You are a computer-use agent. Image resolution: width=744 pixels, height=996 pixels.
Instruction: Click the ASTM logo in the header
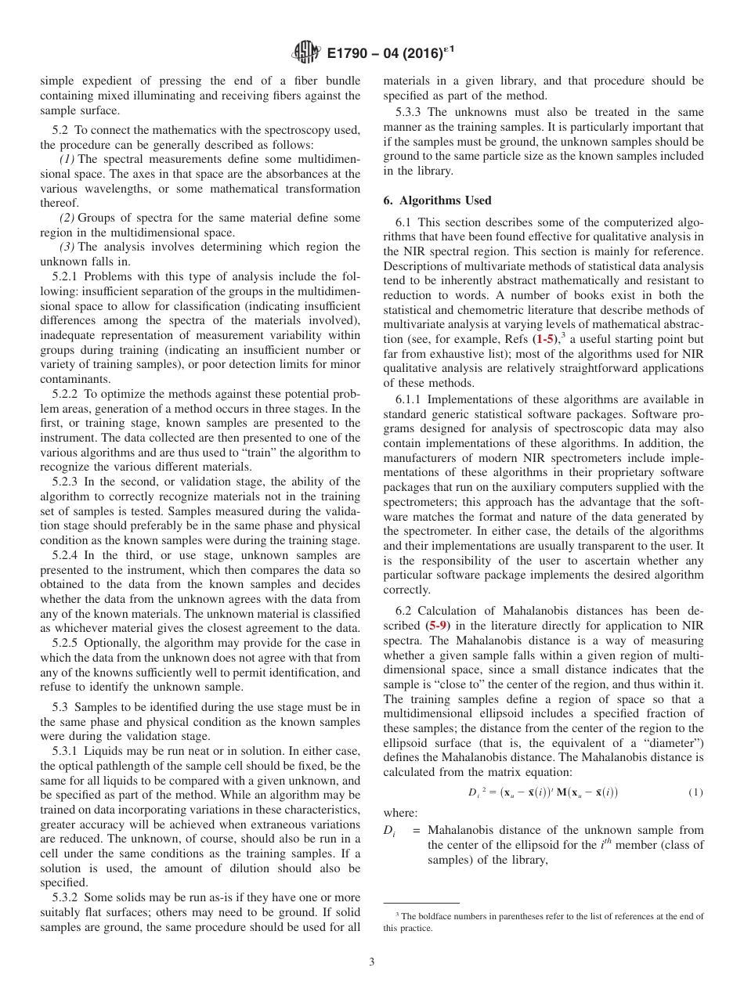[x=305, y=52]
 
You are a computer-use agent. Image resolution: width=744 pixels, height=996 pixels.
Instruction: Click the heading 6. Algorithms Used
[x=437, y=200]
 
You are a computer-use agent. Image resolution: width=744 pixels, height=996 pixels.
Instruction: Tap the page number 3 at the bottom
[x=372, y=962]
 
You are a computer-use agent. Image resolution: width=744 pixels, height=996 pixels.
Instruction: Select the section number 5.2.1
[x=67, y=276]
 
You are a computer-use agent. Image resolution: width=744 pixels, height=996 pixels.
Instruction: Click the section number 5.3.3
[x=410, y=112]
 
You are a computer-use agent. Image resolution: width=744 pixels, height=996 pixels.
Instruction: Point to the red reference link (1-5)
[x=547, y=339]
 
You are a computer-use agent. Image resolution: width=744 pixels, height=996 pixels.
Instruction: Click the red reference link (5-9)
[x=438, y=626]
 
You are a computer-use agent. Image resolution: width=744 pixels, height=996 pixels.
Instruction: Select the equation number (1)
[x=695, y=792]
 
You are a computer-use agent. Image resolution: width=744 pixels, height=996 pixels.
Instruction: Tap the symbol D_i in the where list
[x=389, y=830]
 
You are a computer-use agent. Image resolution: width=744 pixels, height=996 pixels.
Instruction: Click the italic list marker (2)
[x=67, y=218]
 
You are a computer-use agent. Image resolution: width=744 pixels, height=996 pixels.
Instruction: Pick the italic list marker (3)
[x=67, y=247]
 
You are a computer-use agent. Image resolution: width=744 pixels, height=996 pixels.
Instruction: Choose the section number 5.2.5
[x=67, y=643]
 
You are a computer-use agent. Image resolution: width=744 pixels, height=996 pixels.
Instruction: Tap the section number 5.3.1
[x=67, y=751]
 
